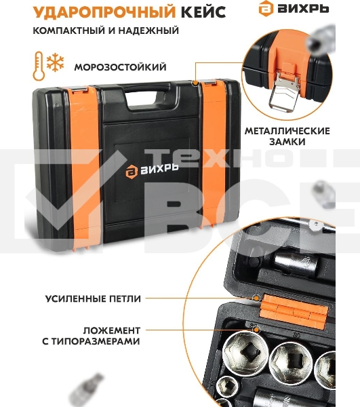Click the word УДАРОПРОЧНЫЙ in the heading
[104, 12]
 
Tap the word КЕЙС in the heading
[203, 12]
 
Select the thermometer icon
[39, 66]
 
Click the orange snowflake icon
[55, 63]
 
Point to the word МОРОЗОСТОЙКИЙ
[121, 67]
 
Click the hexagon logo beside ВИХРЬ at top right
[266, 8]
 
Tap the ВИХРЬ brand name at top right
[304, 9]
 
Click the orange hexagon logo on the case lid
[132, 172]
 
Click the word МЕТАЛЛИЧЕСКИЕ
[287, 130]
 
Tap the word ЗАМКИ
[287, 142]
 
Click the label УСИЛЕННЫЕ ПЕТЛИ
[93, 298]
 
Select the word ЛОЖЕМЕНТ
[112, 330]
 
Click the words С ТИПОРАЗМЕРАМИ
[91, 341]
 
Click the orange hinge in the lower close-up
[295, 311]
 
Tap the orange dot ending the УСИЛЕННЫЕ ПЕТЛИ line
[256, 298]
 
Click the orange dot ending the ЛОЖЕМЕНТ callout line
[256, 330]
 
